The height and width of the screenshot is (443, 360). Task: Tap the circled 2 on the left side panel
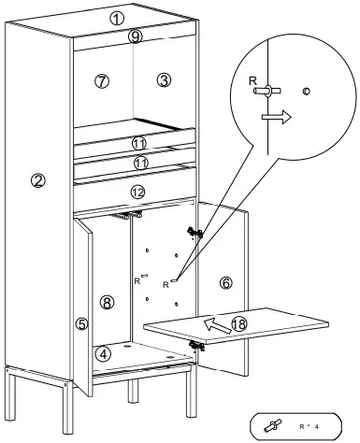tap(38, 181)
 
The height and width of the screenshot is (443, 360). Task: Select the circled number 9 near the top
tap(136, 36)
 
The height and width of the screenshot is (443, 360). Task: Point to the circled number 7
tap(102, 81)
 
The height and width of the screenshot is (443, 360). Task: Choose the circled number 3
tap(164, 80)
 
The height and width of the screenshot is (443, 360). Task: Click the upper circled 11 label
tap(138, 144)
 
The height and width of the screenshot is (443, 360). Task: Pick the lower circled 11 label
tap(138, 163)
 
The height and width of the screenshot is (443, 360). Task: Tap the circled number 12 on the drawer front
tap(137, 192)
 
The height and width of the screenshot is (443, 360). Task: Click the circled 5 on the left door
tap(81, 324)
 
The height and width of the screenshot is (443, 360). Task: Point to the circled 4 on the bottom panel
tap(106, 353)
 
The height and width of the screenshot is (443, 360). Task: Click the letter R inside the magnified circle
tap(252, 82)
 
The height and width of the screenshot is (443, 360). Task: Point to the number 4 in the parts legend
tap(318, 426)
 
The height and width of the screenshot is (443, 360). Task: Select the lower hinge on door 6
tap(197, 345)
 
